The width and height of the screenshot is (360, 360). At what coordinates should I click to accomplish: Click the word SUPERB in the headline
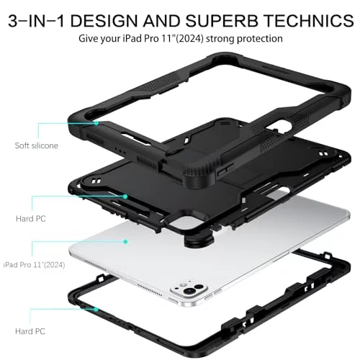click(222, 21)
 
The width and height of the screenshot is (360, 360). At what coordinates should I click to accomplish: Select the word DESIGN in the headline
click(104, 21)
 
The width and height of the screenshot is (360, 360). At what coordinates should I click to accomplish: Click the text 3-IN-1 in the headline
click(36, 21)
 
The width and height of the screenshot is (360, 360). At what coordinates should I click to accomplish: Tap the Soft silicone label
click(37, 145)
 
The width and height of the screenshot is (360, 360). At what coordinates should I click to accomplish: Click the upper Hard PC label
click(31, 219)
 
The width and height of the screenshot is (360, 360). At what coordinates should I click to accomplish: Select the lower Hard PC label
click(30, 331)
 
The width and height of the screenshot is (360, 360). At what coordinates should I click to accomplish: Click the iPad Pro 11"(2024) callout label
click(34, 265)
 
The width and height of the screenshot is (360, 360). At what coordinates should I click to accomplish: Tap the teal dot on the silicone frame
click(96, 123)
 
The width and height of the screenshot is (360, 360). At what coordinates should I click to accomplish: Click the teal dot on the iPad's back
click(125, 242)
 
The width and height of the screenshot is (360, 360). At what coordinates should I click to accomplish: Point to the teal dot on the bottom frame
click(96, 310)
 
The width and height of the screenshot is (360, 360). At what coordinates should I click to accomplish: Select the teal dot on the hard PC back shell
click(125, 197)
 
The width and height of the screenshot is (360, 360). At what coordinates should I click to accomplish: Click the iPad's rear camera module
click(189, 289)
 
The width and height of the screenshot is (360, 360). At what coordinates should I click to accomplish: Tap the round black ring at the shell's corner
click(199, 240)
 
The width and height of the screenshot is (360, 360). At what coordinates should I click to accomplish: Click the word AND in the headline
click(162, 21)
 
